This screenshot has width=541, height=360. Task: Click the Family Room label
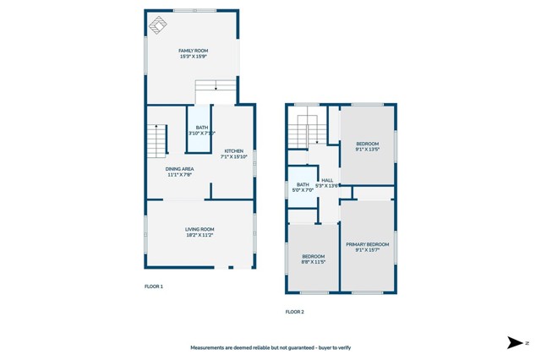point(193,51)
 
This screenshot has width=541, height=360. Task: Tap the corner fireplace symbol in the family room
point(158,25)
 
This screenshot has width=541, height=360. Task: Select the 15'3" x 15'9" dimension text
point(193,57)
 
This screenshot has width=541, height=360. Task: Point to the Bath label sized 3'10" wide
point(201,128)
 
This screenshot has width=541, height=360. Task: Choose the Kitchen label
point(233,151)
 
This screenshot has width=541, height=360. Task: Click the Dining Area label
point(179,169)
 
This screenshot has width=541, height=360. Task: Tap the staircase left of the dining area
point(157,140)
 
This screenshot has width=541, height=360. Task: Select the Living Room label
point(199,229)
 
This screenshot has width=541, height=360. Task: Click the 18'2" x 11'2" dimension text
point(199,236)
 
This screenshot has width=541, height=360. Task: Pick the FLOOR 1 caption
point(153,286)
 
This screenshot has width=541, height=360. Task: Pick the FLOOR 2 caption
point(294,312)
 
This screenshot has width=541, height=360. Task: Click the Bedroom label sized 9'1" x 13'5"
point(367,143)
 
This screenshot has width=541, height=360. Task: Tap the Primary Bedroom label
point(367,244)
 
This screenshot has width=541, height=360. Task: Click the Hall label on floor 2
point(327,180)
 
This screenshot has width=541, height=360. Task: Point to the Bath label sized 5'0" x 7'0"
point(303,184)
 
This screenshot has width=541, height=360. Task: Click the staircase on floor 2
point(306,131)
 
